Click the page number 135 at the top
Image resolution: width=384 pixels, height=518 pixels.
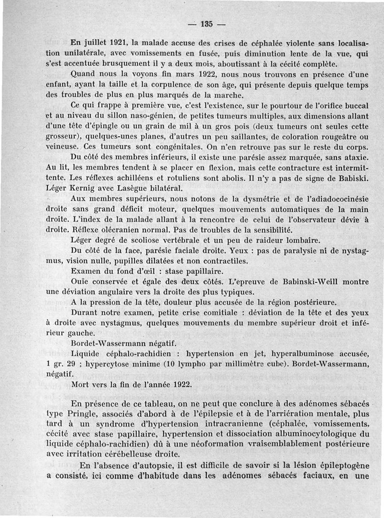[207, 24]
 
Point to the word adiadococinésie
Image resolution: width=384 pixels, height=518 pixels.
[327, 198]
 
